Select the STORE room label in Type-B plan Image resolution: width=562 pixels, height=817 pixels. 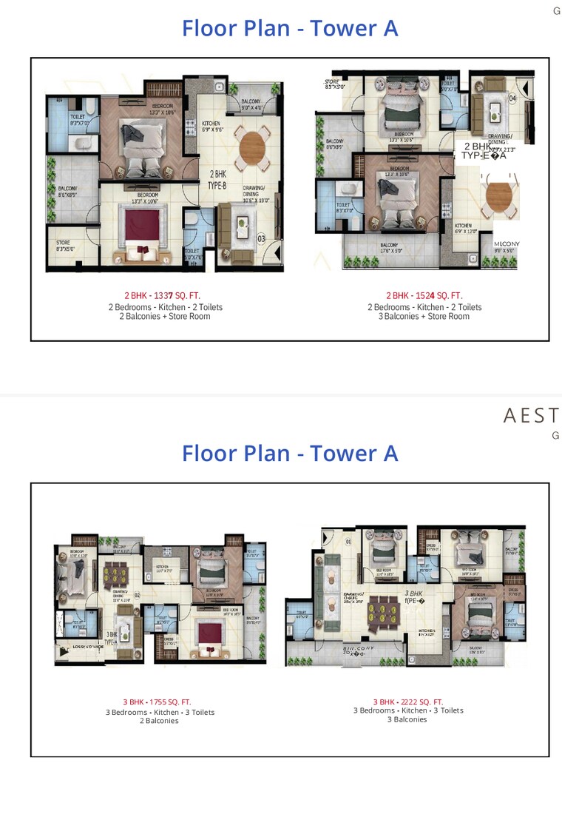tap(64, 246)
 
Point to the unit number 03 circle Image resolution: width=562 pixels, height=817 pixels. tap(260, 239)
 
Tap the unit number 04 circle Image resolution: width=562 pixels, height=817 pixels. tap(512, 97)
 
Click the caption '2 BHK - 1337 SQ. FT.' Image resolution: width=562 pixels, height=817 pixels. tap(162, 295)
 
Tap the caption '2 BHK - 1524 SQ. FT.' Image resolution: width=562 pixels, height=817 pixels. tap(424, 295)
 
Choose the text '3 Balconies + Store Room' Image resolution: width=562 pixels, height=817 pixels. tap(424, 316)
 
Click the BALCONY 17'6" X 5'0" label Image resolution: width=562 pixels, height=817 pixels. tap(389, 248)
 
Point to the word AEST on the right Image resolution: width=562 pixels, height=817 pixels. tap(530, 415)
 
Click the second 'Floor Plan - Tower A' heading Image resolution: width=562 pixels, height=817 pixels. tap(290, 452)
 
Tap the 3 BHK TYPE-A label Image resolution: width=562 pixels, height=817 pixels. tap(111, 639)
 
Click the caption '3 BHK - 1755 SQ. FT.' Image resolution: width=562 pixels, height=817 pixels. tap(159, 702)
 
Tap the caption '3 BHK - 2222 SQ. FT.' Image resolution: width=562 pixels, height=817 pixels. tap(408, 702)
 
